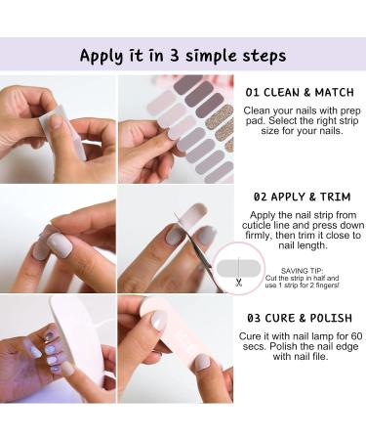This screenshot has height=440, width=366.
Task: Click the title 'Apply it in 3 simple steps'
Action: coord(183,56)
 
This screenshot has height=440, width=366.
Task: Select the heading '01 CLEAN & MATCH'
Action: coord(300,93)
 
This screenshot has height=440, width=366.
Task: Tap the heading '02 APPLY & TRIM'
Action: coord(300,196)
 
